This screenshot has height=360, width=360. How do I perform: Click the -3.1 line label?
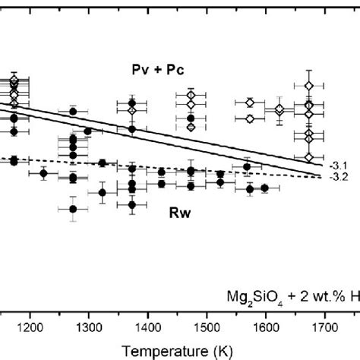[x=339, y=165]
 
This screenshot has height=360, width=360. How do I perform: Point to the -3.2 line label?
[x=339, y=176]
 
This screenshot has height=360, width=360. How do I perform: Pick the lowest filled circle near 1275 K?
[x=73, y=209]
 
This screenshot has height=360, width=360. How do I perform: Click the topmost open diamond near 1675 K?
[x=308, y=84]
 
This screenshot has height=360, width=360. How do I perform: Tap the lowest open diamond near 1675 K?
[x=308, y=157]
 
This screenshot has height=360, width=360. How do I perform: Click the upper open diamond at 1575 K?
[x=250, y=103]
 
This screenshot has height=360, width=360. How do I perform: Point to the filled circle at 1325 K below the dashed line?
[x=103, y=193]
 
